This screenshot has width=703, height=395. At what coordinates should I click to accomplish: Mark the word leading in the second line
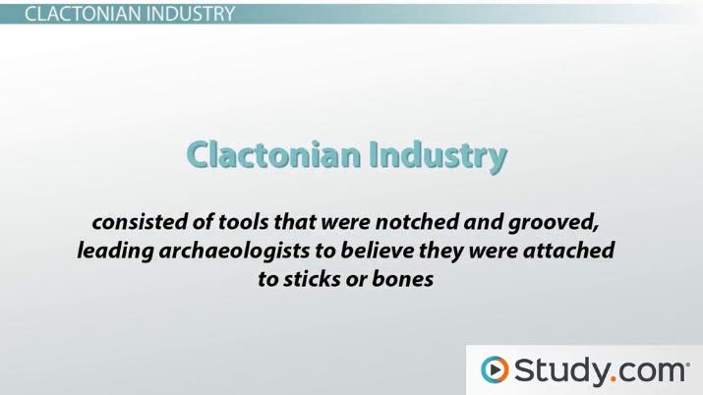click(114, 251)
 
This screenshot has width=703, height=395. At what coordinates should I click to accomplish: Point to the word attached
click(570, 251)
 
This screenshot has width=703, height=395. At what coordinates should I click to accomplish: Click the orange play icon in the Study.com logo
click(494, 370)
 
